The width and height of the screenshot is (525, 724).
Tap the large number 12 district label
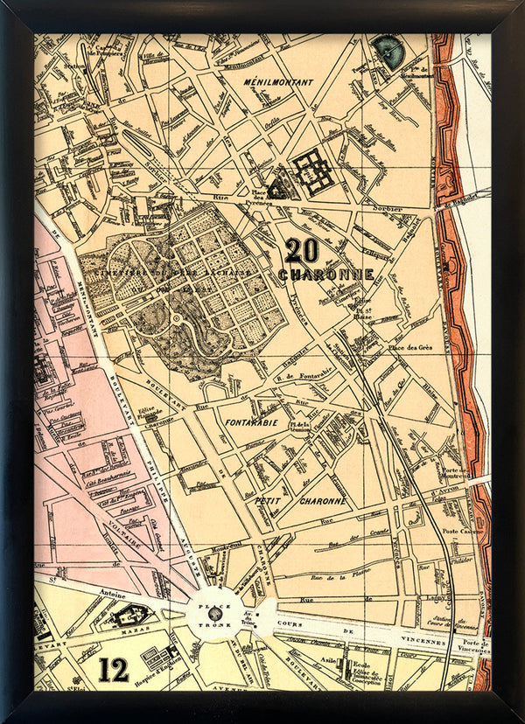pyautogui.click(x=114, y=670)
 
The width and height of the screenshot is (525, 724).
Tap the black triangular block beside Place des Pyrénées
pyautogui.click(x=278, y=189)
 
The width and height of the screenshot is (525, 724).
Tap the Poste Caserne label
pyautogui.click(x=462, y=532)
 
